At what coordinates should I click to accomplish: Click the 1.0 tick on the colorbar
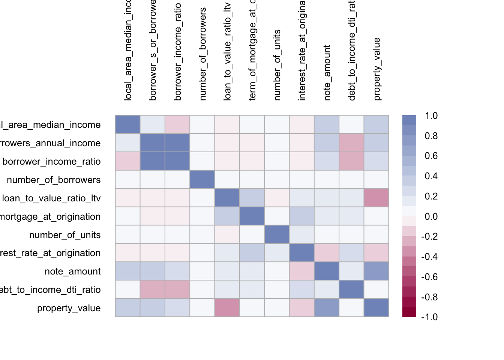click(431, 115)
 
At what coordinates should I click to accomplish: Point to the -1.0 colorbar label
click(429, 317)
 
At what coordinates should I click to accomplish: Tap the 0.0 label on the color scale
click(431, 216)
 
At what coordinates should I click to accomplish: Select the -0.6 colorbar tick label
click(429, 277)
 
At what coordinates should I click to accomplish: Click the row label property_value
click(69, 308)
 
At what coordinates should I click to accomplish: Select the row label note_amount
click(72, 271)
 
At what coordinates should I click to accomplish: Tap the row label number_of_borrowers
click(54, 180)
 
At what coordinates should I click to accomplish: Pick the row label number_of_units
click(65, 235)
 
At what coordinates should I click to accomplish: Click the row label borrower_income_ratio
click(51, 161)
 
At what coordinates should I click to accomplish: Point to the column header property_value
click(376, 69)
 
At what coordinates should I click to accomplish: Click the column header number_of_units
click(277, 65)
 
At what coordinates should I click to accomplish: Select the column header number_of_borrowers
click(202, 54)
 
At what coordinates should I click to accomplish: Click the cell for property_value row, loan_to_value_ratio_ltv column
click(227, 308)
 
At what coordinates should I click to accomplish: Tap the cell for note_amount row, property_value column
click(376, 271)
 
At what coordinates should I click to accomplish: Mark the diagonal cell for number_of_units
click(277, 235)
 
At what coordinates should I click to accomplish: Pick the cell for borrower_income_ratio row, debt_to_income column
click(351, 161)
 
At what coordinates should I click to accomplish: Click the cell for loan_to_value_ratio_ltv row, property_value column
click(376, 198)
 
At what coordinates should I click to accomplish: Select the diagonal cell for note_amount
click(327, 271)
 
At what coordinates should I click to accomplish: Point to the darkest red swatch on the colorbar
click(409, 312)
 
